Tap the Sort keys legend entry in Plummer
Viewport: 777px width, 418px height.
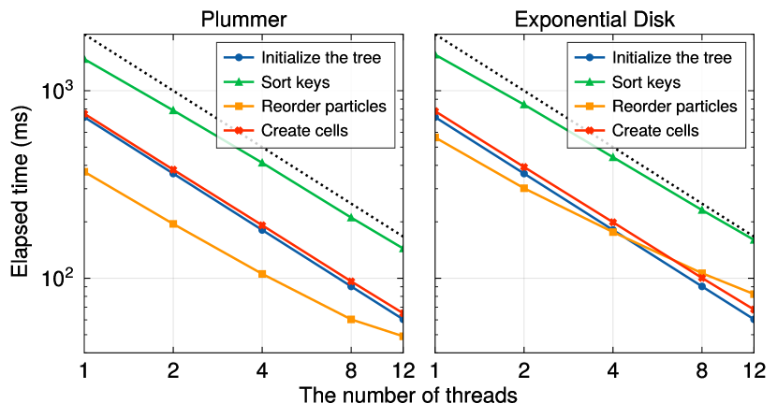[294, 81]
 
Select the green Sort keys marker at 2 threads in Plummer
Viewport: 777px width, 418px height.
[173, 110]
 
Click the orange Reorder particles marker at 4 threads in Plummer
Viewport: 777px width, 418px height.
[262, 274]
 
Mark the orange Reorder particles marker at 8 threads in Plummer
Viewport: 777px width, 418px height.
[351, 320]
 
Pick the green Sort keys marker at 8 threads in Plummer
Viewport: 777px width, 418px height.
[351, 217]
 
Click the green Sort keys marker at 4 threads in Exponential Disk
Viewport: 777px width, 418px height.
[613, 157]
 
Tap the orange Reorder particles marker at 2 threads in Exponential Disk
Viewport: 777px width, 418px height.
[524, 188]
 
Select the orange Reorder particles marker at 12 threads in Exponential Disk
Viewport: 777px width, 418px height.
[754, 294]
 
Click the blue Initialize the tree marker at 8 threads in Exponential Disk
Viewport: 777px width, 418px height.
[702, 285]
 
